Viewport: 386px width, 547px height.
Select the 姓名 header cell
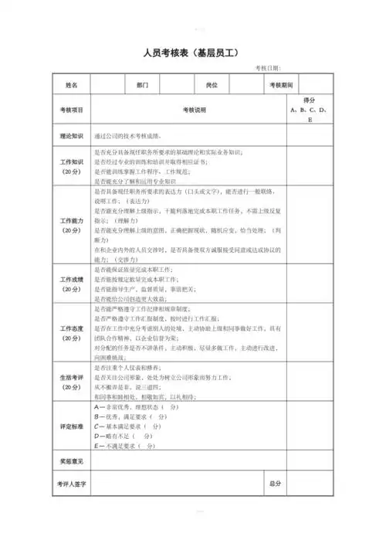point(72,84)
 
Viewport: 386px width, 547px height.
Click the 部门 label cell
point(142,84)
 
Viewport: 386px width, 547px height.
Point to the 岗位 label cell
point(212,84)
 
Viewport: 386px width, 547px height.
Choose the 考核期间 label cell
point(281,84)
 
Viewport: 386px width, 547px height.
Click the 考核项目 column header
point(72,110)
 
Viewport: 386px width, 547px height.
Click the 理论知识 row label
point(72,135)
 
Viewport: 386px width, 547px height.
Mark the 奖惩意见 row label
point(72,461)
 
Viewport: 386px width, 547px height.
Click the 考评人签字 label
point(72,483)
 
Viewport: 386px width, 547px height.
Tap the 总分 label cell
point(275,483)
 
